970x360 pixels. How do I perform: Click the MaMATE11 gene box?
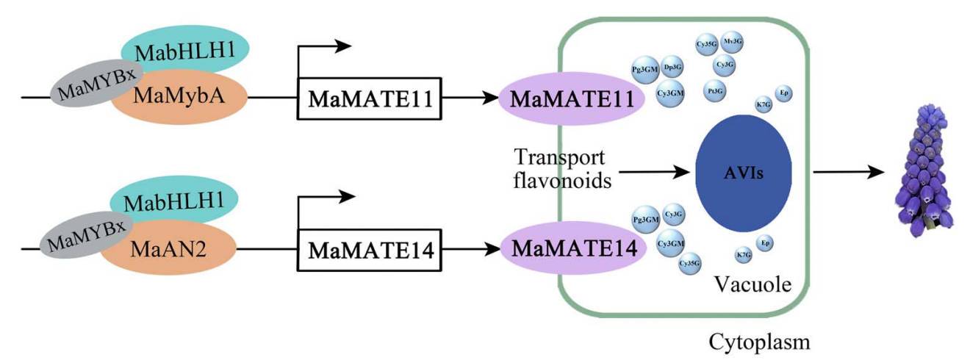(x=369, y=97)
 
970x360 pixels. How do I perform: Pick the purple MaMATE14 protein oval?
(x=572, y=248)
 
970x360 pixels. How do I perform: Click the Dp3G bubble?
(x=672, y=67)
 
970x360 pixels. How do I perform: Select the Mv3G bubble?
(x=733, y=42)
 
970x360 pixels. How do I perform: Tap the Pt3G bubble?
(x=714, y=90)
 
